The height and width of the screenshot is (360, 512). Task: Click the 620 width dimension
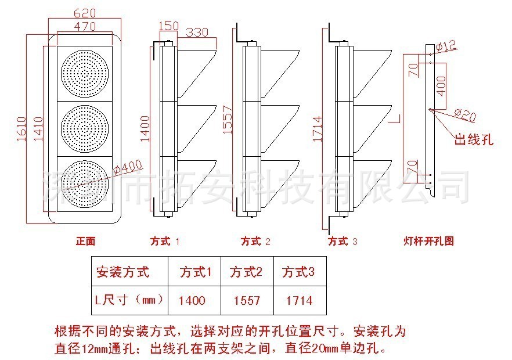84,12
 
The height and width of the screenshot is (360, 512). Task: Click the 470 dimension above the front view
84,26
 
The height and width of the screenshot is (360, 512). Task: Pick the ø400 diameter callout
127,168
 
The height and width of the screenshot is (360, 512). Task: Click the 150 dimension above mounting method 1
168,26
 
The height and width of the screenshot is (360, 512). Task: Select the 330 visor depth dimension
197,33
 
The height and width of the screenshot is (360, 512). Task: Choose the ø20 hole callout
464,116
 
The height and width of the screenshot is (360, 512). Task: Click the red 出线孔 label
473,139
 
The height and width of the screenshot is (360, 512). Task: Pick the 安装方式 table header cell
122,272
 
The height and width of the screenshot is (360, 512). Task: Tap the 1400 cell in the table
192,300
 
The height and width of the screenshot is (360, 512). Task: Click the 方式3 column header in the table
298,272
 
